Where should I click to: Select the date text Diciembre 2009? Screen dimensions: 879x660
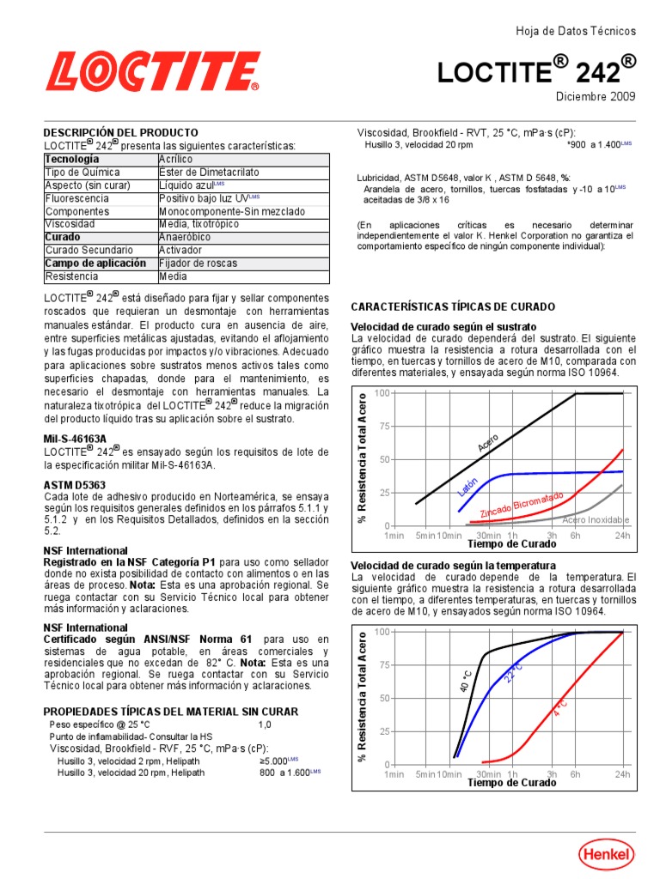596,96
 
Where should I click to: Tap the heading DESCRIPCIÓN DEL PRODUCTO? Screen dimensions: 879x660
121,133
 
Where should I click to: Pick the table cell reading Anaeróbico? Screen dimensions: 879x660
186,237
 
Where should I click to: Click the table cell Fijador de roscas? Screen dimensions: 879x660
198,264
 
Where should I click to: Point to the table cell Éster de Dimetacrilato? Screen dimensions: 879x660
209,173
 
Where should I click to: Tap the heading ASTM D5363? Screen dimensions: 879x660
75,485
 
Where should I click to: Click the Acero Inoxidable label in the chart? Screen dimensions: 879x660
596,520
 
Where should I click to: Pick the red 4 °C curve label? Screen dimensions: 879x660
559,709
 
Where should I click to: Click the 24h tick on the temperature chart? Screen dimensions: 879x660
622,774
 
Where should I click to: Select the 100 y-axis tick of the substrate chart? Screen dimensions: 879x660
382,393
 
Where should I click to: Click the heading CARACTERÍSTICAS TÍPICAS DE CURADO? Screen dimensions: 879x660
454,306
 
